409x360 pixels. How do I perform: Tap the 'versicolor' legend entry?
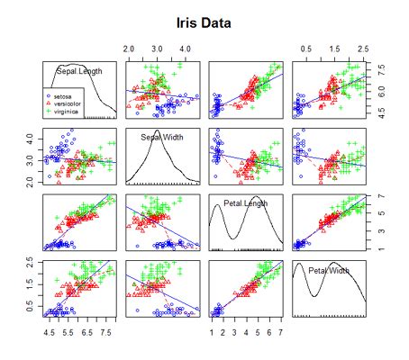(69, 101)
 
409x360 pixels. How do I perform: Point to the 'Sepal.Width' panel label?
(162, 138)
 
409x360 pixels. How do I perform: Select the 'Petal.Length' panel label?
(244, 203)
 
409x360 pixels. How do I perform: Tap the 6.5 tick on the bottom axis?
(86, 331)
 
